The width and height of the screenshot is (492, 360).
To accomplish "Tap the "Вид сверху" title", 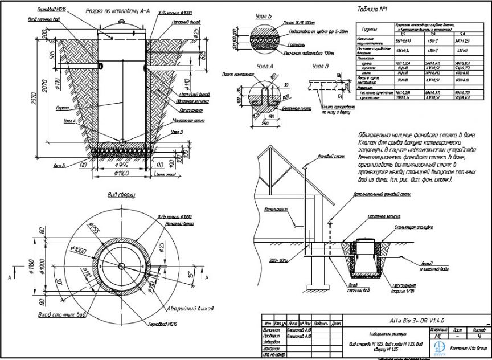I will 121,195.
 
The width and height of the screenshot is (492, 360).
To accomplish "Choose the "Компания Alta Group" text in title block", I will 468,348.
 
